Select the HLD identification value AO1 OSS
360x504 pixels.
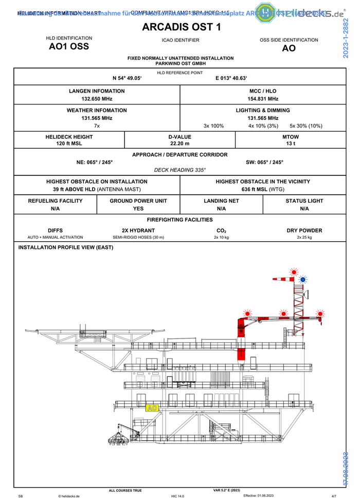click(69, 46)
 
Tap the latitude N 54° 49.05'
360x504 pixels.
click(127, 79)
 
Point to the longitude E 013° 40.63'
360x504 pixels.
click(231, 79)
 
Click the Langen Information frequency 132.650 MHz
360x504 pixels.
click(97, 99)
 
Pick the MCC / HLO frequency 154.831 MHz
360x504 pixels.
click(263, 99)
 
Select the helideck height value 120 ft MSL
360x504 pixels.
click(69, 145)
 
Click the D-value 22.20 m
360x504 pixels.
click(180, 145)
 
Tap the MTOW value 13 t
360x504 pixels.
click(291, 145)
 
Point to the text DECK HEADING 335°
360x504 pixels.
click(180, 169)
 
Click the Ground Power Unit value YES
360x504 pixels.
click(138, 208)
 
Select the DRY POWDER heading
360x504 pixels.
click(304, 230)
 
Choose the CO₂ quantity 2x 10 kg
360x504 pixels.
click(221, 238)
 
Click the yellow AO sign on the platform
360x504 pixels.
click(152, 408)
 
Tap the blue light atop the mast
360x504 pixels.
click(303, 279)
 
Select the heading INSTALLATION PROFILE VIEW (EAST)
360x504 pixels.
click(66, 247)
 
